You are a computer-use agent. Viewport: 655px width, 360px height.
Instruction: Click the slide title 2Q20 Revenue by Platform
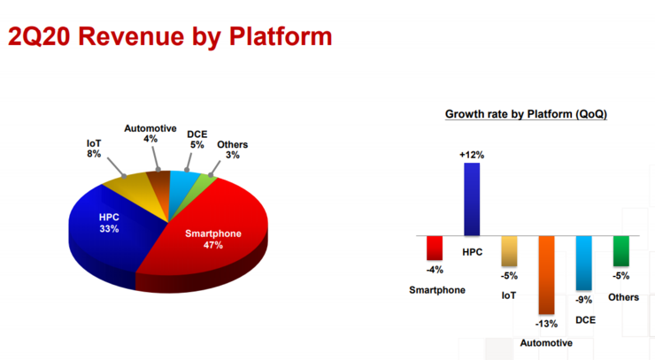coord(170,36)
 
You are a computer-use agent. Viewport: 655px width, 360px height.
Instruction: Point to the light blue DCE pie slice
coord(183,184)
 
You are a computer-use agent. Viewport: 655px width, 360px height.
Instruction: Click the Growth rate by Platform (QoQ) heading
coord(526,114)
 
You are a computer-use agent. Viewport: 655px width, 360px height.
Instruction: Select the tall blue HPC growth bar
coord(472,199)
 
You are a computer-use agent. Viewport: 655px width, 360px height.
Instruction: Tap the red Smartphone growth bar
coord(435,248)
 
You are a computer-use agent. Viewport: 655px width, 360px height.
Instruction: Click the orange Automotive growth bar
coord(546,275)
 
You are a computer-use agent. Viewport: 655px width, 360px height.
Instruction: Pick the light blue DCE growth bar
coord(583,263)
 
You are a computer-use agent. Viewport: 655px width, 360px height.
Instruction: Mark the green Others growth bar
coord(621,251)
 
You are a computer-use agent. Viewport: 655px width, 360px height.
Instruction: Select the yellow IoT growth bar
coord(509,251)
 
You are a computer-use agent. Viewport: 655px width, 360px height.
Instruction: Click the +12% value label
coord(472,155)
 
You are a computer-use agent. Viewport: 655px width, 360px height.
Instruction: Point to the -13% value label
coord(546,324)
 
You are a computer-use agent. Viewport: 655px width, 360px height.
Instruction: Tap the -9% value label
coord(583,300)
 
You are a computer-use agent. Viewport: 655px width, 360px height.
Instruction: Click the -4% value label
coord(435,270)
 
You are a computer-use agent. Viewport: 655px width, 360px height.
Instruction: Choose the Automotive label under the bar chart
coord(546,343)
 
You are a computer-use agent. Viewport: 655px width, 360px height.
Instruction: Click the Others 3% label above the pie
coord(232,149)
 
